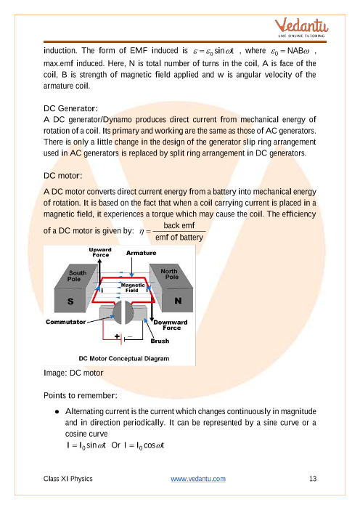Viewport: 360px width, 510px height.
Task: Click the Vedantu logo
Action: coord(301,28)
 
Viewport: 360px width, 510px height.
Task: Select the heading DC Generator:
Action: coord(70,108)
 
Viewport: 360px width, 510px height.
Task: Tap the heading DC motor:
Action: coord(62,176)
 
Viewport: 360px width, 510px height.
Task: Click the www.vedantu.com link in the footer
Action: coord(198,479)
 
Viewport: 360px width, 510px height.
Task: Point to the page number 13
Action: coord(313,479)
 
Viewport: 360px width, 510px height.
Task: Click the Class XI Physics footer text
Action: coord(68,479)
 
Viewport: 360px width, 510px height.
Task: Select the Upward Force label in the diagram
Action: coord(100,252)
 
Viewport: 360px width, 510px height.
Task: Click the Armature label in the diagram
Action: coord(141,253)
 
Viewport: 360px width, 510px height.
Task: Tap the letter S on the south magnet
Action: coord(70,301)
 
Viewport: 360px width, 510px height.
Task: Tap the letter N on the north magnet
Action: coord(178,301)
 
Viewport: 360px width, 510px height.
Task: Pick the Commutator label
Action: coord(65,322)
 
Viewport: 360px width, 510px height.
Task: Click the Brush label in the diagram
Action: coord(160,341)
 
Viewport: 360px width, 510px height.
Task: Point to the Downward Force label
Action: coord(171,325)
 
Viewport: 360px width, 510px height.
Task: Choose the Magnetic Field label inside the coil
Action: coord(133,288)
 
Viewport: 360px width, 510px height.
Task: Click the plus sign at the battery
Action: coord(117,336)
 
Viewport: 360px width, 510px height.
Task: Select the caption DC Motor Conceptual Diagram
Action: coord(124,358)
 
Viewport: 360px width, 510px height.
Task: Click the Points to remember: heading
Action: coord(81,395)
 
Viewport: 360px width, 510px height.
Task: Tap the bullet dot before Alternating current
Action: coord(57,412)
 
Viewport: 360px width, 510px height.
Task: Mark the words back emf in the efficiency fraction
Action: coord(179,225)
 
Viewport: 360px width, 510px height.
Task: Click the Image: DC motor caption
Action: coord(73,373)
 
